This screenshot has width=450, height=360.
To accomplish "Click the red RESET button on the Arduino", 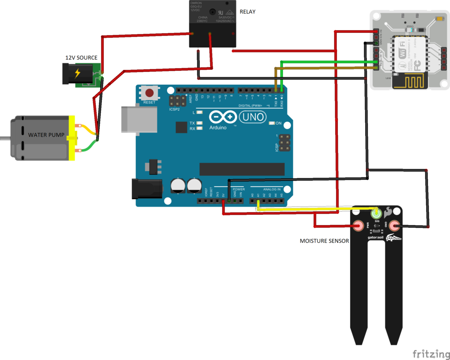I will [150, 93].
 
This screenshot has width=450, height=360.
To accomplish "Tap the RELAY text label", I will [247, 11].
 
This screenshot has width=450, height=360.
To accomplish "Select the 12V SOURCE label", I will [81, 58].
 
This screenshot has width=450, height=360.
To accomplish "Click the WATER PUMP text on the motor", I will [46, 134].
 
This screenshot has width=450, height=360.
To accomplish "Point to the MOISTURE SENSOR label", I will [324, 241].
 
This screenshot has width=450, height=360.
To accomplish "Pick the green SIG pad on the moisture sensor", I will [377, 214].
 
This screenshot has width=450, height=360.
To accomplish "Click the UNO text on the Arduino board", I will [252, 117].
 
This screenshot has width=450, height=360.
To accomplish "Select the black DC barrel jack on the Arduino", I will [147, 189].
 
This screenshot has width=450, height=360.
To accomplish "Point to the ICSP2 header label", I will [174, 109].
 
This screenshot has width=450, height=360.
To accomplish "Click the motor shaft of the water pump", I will [4, 138].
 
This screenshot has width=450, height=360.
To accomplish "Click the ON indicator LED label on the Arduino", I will [278, 123].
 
